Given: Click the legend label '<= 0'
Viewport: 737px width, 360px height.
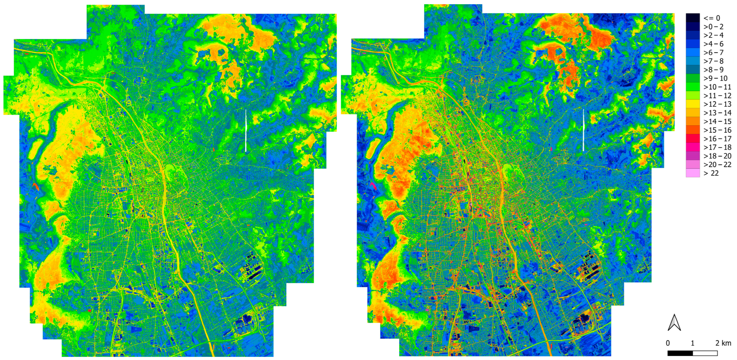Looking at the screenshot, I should [711, 18].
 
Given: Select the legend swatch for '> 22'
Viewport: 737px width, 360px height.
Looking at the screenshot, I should [693, 173].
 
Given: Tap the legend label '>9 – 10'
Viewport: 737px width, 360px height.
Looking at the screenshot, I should [715, 78].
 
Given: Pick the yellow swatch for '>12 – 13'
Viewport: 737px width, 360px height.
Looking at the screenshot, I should [693, 104].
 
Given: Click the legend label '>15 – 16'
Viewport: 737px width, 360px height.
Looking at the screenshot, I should [717, 130].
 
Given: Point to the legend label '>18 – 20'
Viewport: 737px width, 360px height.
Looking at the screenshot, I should [717, 156].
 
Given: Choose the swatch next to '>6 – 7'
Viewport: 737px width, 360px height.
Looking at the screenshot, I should [693, 52].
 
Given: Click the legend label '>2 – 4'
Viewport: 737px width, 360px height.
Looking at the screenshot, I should [713, 35].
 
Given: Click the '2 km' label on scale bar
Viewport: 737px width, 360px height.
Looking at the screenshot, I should [723, 343].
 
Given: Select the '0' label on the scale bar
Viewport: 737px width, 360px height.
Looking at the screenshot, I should [668, 343].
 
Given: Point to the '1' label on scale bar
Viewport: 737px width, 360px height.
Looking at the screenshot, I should [692, 343].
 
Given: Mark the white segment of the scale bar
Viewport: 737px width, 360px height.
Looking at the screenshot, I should [704, 353].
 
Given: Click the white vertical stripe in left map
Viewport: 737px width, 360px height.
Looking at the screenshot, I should [246, 130].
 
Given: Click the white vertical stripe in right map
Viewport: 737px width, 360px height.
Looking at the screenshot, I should [583, 130].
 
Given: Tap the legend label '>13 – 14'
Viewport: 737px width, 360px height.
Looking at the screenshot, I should [717, 113].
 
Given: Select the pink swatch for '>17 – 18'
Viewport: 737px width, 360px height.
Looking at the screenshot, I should [693, 147].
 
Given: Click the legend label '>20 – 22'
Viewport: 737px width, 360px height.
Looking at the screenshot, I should [717, 164].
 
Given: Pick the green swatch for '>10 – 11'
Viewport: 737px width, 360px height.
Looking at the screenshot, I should [693, 87].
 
